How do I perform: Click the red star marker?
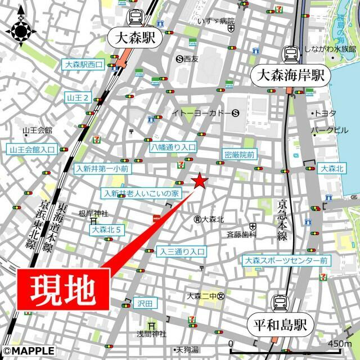click(199, 181)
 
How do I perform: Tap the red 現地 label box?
click(62, 289)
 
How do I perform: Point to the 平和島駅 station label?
click(280, 325)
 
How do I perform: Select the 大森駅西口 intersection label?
click(84, 65)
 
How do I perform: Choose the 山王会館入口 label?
click(32, 150)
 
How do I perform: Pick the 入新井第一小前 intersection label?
click(102, 168)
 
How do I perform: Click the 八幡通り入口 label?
click(173, 147)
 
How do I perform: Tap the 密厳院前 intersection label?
click(239, 154)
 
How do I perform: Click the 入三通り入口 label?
click(182, 251)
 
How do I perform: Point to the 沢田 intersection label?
click(145, 303)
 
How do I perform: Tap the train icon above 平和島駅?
click(280, 303)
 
